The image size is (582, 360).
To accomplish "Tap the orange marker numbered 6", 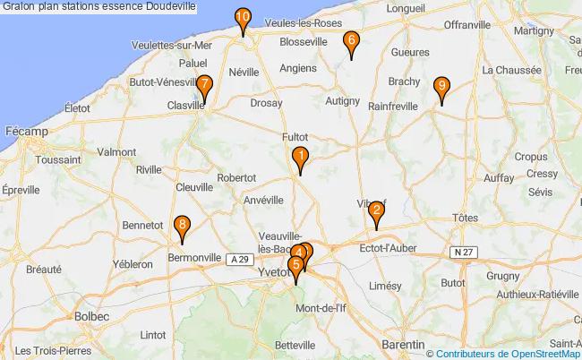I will pos(351,40).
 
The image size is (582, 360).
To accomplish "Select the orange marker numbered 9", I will pos(441,87).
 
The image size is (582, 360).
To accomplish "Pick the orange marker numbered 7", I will pos(204,88).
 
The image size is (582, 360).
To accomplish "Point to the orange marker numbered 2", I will pos(377,212).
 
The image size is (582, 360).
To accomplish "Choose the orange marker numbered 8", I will pos(182,226).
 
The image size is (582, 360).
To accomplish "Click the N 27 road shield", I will pos(463,253).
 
